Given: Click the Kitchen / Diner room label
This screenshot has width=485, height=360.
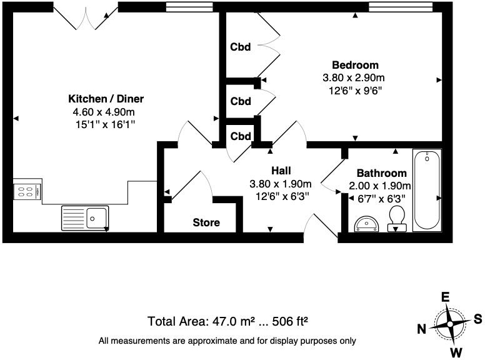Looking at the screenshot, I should pos(106,99).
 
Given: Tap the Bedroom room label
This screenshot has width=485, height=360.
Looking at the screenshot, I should pos(354,65).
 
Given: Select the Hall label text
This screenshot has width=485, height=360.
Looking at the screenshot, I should pos(281,171).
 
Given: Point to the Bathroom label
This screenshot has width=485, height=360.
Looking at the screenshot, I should pos(381,173).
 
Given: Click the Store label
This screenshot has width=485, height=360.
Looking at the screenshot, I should pos(206,222).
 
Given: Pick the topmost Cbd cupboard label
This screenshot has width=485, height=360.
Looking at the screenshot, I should pos(241,47).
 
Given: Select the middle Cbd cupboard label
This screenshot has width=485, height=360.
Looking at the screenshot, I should pos(241,101).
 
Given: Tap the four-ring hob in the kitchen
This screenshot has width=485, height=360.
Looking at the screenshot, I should pos(27,190).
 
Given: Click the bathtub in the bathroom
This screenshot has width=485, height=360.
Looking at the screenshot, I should pos(427,189).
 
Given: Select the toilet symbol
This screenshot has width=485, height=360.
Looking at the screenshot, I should pos(396,219).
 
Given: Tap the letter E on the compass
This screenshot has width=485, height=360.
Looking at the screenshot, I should pos(445,298).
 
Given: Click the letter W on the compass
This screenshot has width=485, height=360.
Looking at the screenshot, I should pos(457,352).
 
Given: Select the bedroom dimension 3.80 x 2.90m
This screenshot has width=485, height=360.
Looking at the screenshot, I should pos(354,78).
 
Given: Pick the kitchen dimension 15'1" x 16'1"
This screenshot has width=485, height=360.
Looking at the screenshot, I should pos(105,125).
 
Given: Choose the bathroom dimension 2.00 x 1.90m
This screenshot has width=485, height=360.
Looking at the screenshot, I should pos(380,186).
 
